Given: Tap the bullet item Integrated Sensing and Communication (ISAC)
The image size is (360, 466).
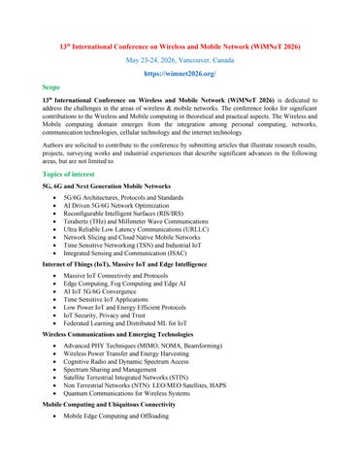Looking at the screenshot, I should (127, 253).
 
